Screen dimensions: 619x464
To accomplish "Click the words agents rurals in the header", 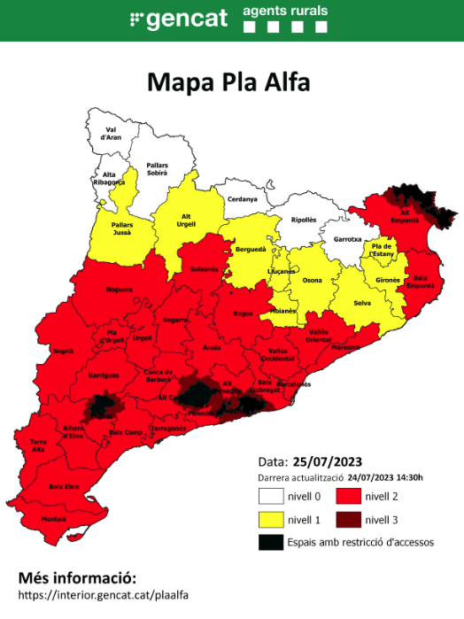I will click(285, 11).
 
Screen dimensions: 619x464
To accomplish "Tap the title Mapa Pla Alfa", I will click(228, 82).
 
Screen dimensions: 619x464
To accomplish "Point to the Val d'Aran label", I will click(112, 134).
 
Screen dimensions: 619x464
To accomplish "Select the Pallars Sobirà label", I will click(157, 169).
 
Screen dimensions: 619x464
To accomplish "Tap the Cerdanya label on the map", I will click(242, 199).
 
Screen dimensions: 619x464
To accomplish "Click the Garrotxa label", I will click(347, 239).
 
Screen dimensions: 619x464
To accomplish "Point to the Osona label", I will click(313, 281).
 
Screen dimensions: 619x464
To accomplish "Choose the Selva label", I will click(360, 303).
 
